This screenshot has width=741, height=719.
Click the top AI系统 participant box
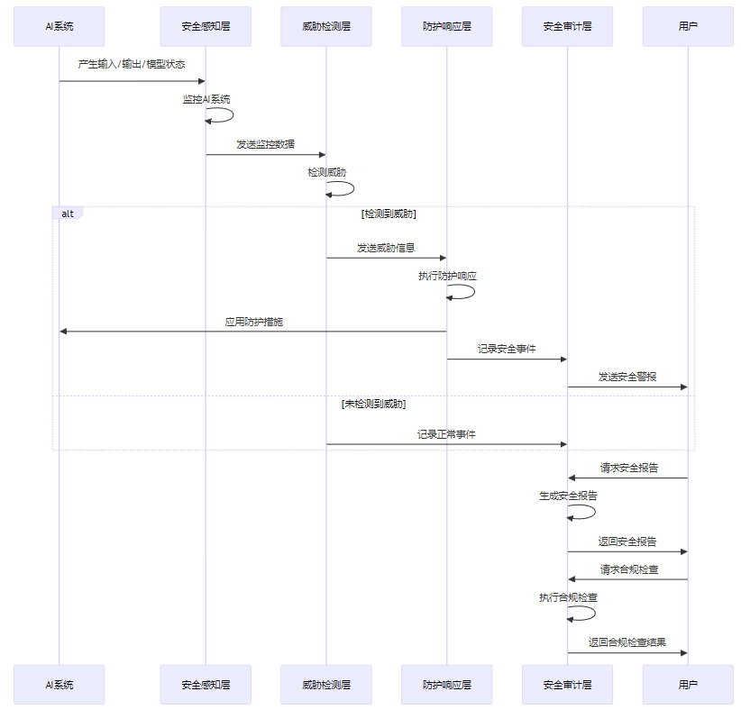pos(59,26)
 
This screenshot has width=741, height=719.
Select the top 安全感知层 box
pos(206,26)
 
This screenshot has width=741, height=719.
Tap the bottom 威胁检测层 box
pos(326,685)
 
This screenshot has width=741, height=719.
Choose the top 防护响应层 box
pos(447,26)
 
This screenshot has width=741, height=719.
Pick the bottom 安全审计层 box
pos(567,685)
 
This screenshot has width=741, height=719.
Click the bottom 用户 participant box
pos(688,685)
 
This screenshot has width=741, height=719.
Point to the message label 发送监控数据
pos(265,144)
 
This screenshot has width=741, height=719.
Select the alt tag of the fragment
pos(68,214)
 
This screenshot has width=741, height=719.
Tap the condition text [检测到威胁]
pos(389,214)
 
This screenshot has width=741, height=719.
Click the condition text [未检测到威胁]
pos(373,405)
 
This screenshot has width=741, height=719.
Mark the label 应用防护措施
pos(253,322)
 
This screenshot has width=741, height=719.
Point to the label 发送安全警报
pos(627,377)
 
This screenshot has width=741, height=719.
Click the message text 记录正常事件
pos(446,434)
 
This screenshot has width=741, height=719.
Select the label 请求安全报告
pos(629,468)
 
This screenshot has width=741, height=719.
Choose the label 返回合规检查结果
pos(627,642)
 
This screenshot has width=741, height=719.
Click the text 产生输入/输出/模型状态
pos(132,64)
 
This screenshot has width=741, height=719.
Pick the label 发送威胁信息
pos(386,248)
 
